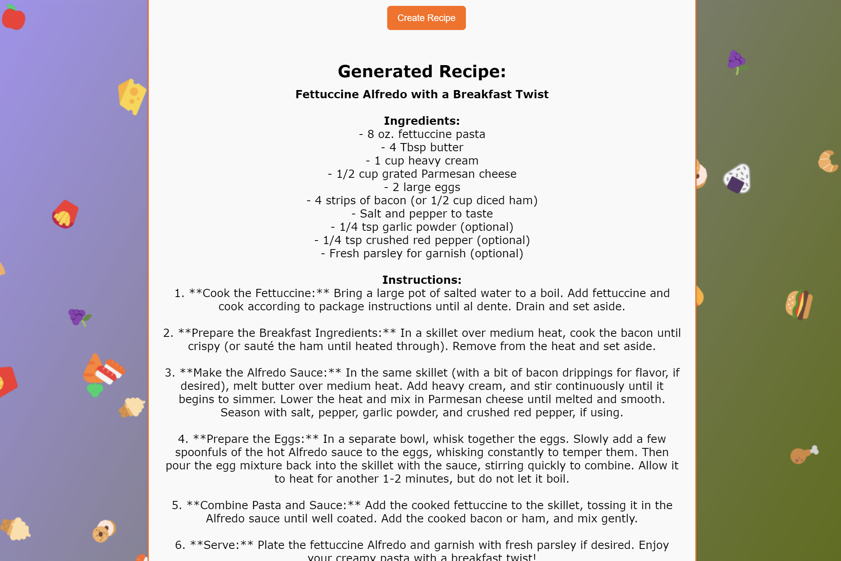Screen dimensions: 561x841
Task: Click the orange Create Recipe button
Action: pyautogui.click(x=426, y=18)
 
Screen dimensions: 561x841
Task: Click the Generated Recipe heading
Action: pyautogui.click(x=422, y=71)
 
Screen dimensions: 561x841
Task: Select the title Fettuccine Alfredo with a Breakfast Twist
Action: pyautogui.click(x=422, y=94)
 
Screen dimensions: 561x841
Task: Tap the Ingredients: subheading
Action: pyautogui.click(x=422, y=121)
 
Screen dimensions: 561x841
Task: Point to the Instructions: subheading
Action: pyautogui.click(x=422, y=280)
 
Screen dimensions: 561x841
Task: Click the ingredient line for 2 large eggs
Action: pyautogui.click(x=422, y=187)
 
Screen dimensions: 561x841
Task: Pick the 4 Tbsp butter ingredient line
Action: pyautogui.click(x=422, y=147)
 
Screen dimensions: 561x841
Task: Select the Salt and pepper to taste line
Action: pyautogui.click(x=422, y=214)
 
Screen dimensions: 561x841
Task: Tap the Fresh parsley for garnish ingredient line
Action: pyautogui.click(x=422, y=253)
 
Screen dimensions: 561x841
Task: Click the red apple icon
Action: pyautogui.click(x=14, y=18)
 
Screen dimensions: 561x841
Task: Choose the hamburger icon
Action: pyautogui.click(x=799, y=305)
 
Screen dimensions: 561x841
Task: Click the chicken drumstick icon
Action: pyautogui.click(x=804, y=454)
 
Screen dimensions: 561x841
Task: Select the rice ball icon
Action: pyautogui.click(x=737, y=179)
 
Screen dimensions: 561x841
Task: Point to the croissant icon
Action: pyautogui.click(x=828, y=161)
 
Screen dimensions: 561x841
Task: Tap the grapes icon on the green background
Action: pyautogui.click(x=737, y=62)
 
